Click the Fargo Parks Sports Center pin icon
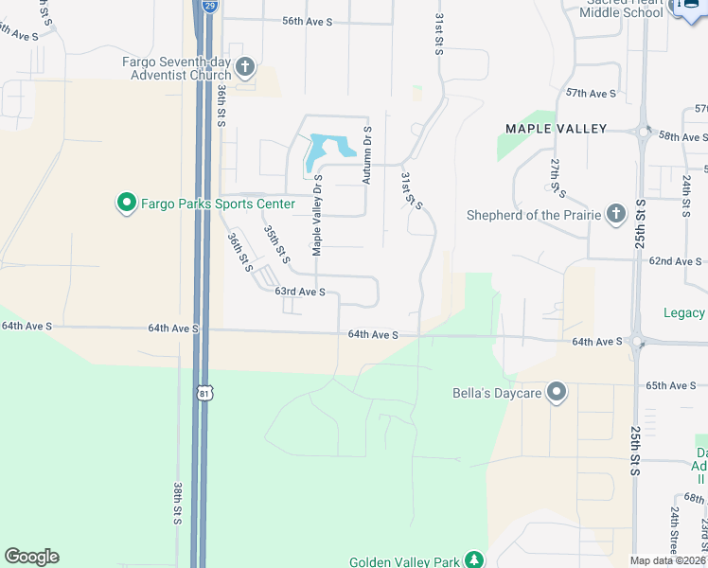(x=125, y=203)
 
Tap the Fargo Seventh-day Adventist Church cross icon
(x=245, y=66)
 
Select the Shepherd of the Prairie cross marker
(x=616, y=214)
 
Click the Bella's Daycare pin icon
(x=557, y=391)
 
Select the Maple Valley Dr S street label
(x=317, y=215)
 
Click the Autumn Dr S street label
(x=367, y=154)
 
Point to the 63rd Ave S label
(x=300, y=293)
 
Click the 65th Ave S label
(x=670, y=386)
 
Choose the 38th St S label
(x=177, y=503)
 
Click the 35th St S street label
(x=276, y=244)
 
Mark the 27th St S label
(x=558, y=178)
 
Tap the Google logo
(x=31, y=557)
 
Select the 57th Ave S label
(x=591, y=94)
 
